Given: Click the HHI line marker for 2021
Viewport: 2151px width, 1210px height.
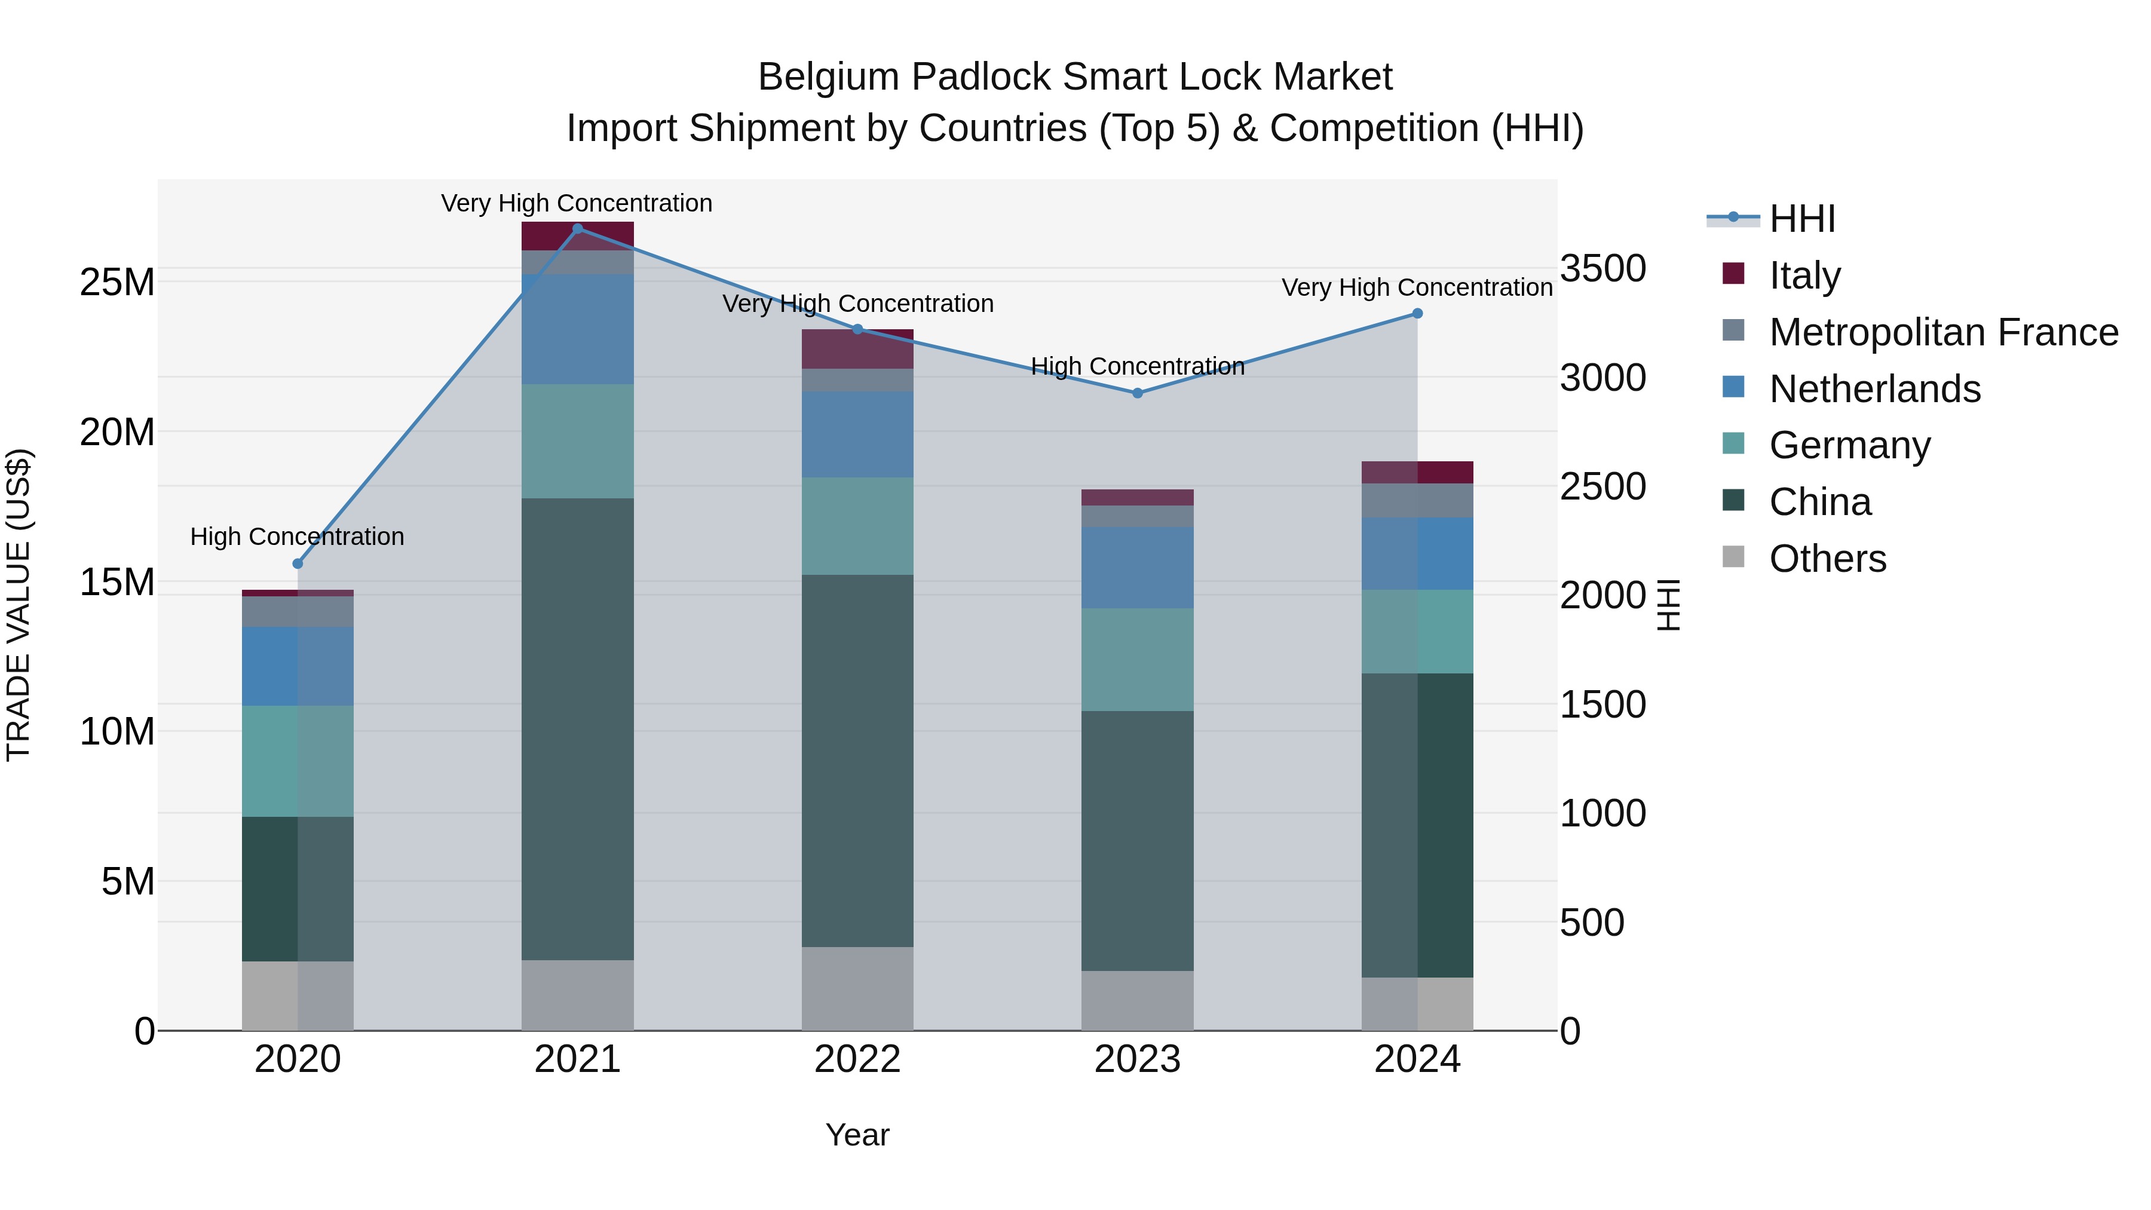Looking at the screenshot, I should [x=577, y=229].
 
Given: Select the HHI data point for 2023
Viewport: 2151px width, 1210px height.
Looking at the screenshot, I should [x=1137, y=393].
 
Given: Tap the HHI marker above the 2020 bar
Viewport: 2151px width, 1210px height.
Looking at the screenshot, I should [x=298, y=563].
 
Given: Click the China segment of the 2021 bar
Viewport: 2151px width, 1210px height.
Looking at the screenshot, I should [x=577, y=728].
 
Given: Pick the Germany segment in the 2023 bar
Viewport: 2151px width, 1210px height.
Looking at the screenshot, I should [x=1137, y=659].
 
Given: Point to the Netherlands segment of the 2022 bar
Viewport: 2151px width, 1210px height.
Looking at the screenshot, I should [x=857, y=434].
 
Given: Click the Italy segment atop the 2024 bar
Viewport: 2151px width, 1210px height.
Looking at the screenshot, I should [x=1417, y=472].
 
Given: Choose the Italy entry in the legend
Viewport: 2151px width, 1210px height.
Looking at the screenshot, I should [x=1804, y=275].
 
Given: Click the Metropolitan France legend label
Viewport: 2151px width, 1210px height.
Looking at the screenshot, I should [x=1943, y=332].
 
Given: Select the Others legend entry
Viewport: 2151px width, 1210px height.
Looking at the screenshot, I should [x=1827, y=558].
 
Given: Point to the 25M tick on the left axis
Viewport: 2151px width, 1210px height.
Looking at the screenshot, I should [x=117, y=282].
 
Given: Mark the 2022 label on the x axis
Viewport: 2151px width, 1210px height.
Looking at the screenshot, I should [x=857, y=1059].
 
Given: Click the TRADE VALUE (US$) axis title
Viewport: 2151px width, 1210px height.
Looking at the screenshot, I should [x=19, y=605].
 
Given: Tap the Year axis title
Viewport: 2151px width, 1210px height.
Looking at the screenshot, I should [x=857, y=1135].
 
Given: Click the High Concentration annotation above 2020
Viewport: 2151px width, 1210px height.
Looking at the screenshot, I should [x=298, y=536].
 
